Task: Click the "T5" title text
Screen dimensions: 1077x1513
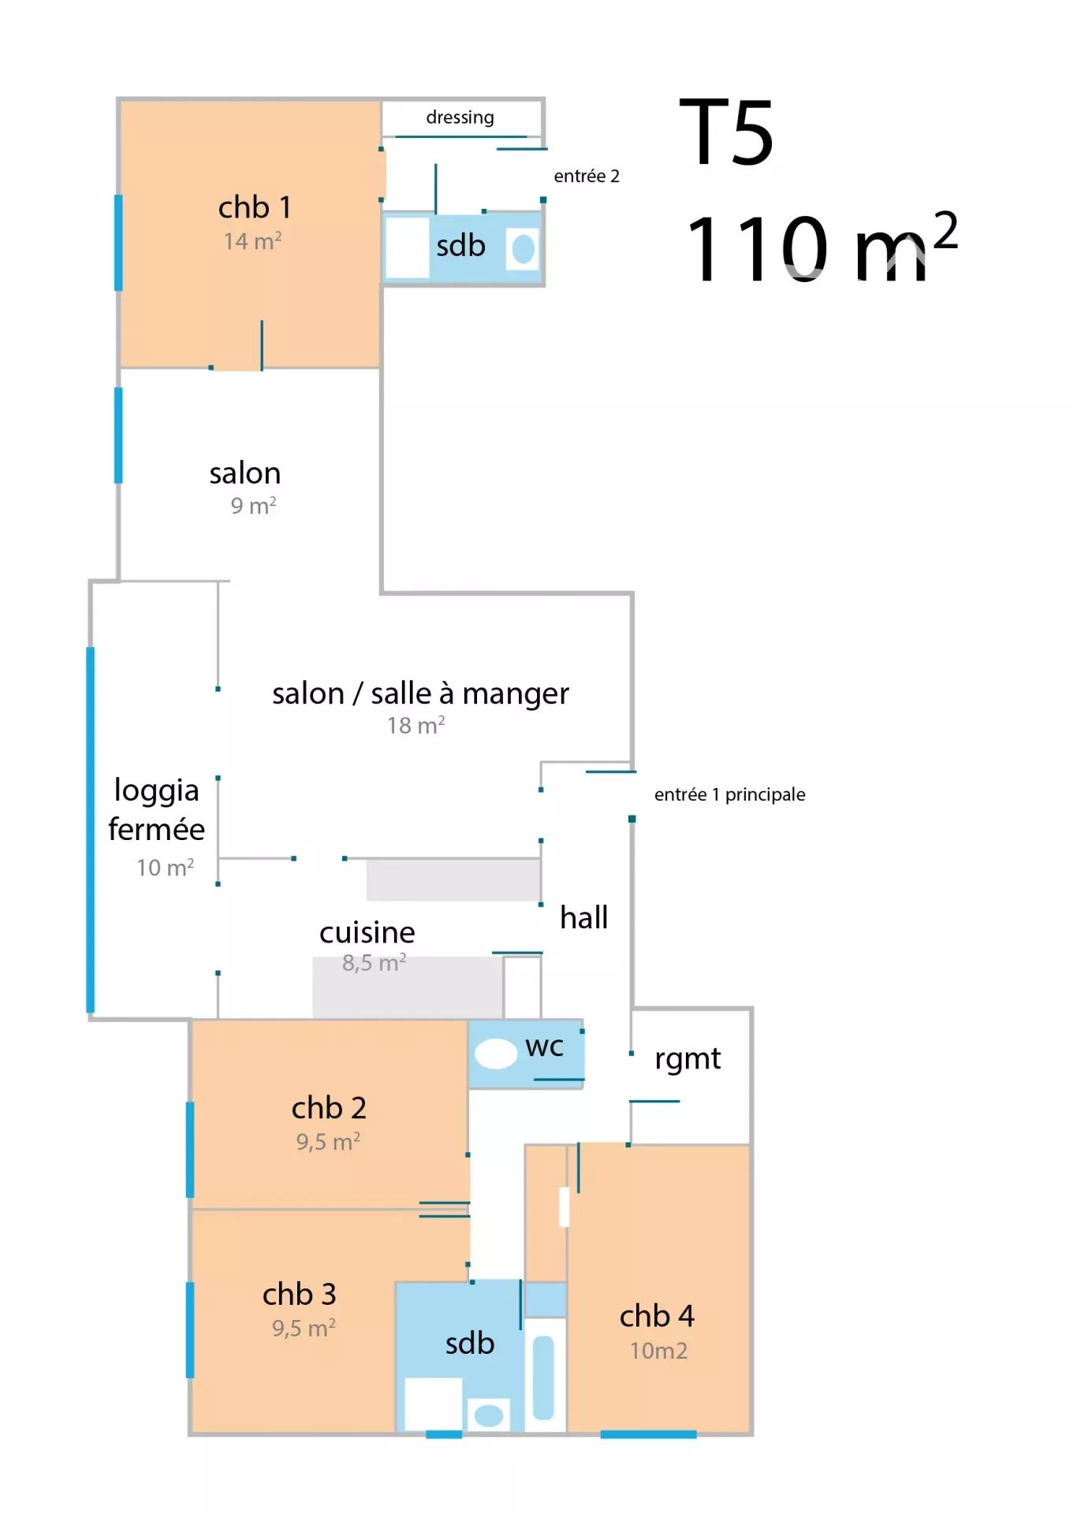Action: coord(725,132)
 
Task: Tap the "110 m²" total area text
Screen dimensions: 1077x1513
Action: coord(822,246)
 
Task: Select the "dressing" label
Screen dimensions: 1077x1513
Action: coord(460,118)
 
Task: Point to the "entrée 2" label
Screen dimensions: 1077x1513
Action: coord(587,176)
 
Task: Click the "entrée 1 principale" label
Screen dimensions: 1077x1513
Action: coord(729,794)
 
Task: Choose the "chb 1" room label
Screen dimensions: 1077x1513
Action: coord(255,207)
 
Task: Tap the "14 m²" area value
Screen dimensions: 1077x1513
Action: coord(252,240)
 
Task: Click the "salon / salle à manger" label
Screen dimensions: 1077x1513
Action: coord(420,693)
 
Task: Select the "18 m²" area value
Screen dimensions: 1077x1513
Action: coord(416,725)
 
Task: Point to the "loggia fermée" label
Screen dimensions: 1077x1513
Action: coord(156,809)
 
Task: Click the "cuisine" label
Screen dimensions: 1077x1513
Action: coord(367,932)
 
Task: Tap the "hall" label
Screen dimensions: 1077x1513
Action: coord(583,917)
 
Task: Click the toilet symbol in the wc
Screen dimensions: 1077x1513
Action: coord(496,1054)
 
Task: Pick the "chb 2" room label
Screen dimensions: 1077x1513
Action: coord(329,1108)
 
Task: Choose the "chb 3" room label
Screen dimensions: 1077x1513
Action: coord(299,1294)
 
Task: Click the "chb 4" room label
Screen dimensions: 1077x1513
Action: coord(657,1316)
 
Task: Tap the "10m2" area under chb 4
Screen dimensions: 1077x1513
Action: coord(658,1351)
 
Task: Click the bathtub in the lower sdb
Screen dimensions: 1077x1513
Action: coord(544,1377)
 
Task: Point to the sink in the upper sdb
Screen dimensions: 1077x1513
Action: coord(524,249)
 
